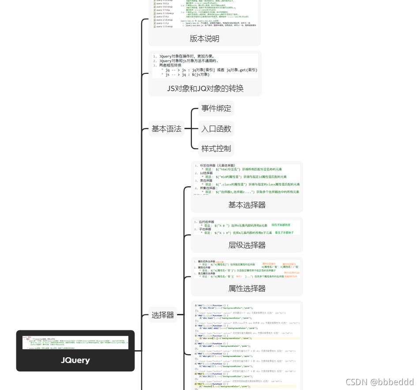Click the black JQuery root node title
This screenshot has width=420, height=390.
[x=75, y=360]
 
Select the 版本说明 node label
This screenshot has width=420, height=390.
[x=205, y=38]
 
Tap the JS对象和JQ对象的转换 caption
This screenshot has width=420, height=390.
[x=205, y=88]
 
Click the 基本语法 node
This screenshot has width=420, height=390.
[x=166, y=129]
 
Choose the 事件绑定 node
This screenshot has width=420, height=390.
[x=216, y=108]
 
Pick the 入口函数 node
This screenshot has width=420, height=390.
[x=216, y=129]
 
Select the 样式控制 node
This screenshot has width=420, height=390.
[x=216, y=149]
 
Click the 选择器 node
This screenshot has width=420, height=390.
[x=163, y=315]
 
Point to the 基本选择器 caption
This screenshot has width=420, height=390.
[x=247, y=205]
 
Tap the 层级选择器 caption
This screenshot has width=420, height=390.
[x=247, y=245]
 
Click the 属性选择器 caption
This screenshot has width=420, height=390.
[x=247, y=288]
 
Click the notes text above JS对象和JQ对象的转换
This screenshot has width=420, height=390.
[x=205, y=66]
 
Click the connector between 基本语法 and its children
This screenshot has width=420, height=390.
[x=191, y=129]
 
